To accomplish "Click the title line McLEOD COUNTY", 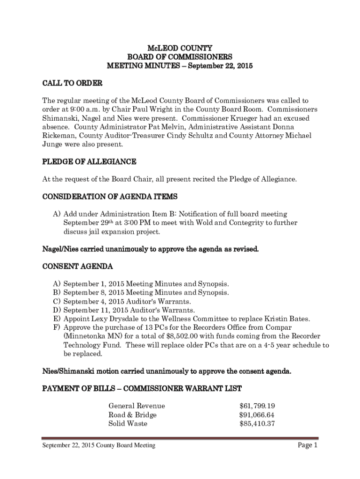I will (180, 48).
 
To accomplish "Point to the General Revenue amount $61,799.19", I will (257, 406).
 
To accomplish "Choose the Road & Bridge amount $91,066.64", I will (257, 415).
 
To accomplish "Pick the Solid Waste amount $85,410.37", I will (257, 424).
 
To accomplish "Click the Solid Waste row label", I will (128, 424).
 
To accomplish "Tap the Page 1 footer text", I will (308, 445).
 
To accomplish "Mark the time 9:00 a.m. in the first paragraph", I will (82, 109).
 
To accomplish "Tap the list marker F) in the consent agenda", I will (57, 327).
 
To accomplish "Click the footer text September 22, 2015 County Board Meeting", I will (99, 446).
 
